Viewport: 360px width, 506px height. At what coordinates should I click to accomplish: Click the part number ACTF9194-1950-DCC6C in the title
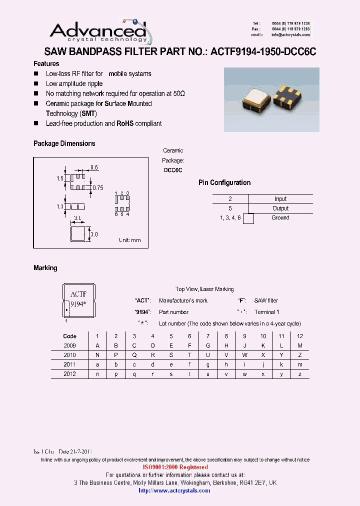tap(263, 51)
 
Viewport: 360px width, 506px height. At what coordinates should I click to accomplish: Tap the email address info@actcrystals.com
tap(290, 35)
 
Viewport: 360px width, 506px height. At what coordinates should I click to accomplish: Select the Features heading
tap(46, 63)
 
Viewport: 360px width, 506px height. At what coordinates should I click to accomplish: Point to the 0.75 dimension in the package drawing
tap(97, 188)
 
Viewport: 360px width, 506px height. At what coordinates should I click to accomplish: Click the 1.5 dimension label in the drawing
tap(60, 178)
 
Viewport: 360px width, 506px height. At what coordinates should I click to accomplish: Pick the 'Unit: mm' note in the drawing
tap(129, 240)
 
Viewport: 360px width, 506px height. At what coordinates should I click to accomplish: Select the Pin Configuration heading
tap(224, 182)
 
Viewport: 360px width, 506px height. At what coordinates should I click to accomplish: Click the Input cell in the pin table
tap(280, 199)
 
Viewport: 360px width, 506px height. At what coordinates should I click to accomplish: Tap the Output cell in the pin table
tap(280, 208)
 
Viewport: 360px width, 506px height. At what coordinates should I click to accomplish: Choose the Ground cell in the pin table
tap(280, 218)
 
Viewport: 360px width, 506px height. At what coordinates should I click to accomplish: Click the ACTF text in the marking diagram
tap(78, 294)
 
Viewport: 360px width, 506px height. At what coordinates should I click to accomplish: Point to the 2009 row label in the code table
tap(69, 345)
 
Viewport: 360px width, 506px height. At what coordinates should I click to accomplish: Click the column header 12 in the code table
tap(300, 336)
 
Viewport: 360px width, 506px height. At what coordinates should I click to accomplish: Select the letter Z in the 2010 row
tap(300, 355)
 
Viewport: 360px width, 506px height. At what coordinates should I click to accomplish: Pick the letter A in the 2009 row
tap(97, 345)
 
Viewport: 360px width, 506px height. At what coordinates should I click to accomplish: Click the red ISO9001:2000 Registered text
tap(175, 467)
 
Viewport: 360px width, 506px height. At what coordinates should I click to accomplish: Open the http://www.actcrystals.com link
tap(174, 490)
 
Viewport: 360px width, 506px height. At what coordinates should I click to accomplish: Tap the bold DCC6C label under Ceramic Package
tap(173, 170)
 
